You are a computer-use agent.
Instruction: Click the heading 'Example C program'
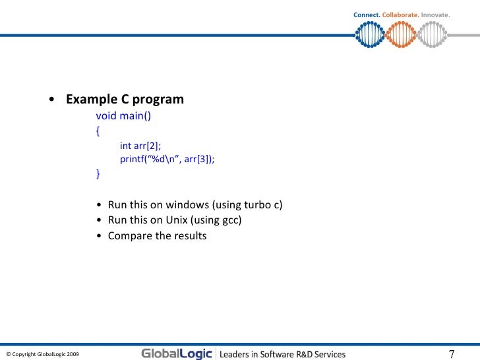[124, 100]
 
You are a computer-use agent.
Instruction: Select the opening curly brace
[98, 131]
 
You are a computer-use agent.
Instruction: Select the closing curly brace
[98, 174]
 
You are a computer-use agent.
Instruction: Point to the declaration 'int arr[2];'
[140, 146]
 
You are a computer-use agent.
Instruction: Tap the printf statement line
[167, 159]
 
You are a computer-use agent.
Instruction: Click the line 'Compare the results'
[157, 236]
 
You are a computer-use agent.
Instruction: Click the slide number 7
[452, 353]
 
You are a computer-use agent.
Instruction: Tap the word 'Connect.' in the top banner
[367, 15]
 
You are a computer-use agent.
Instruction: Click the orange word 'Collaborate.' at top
[400, 15]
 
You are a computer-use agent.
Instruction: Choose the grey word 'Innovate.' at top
[435, 15]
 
